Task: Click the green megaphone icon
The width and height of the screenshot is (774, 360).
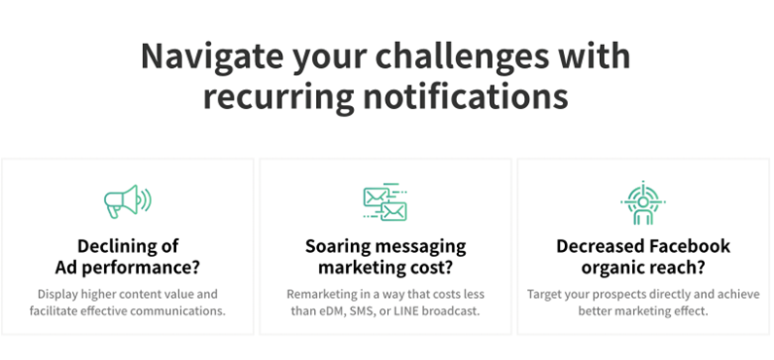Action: tap(127, 201)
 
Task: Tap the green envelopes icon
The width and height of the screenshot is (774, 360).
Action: tap(384, 201)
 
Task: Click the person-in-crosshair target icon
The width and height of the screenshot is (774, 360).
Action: tap(643, 201)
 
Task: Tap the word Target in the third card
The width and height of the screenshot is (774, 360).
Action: tap(546, 294)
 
